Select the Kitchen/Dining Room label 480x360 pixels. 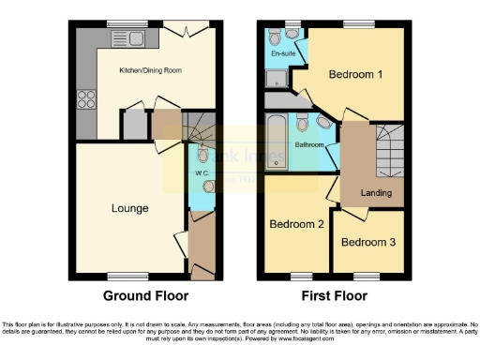point(149,70)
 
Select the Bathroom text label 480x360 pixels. point(310,145)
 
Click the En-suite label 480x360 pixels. point(280,54)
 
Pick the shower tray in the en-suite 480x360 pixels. point(278,99)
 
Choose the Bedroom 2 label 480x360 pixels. point(297,225)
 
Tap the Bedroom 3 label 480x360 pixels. point(367,242)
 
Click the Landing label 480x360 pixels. point(376,194)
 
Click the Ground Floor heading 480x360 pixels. point(145,295)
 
